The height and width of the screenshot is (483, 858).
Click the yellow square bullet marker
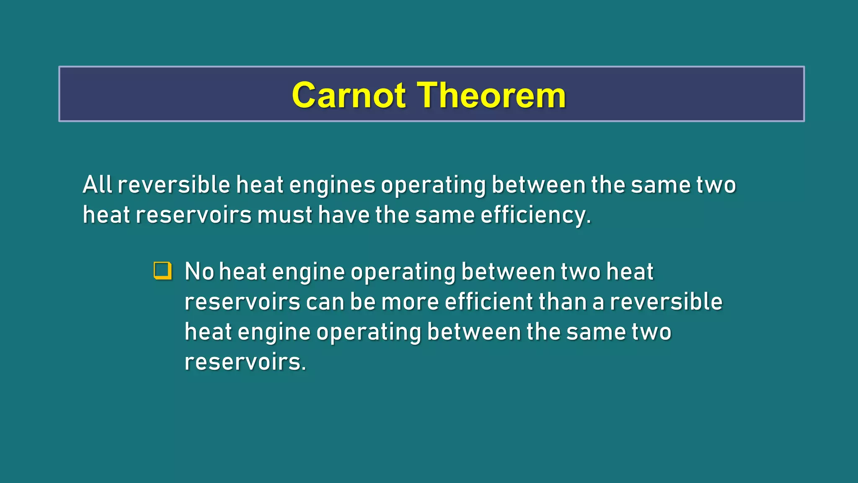[163, 270]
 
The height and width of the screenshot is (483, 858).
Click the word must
[284, 215]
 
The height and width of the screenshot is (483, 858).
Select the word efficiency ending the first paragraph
[535, 216]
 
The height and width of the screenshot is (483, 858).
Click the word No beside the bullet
[199, 272]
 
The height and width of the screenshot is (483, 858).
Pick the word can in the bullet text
[325, 302]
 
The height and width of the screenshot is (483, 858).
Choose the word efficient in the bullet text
[488, 302]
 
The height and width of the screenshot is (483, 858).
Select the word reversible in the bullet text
[666, 302]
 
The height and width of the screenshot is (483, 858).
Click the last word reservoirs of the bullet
[245, 362]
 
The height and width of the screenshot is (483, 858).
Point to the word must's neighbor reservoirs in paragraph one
[194, 215]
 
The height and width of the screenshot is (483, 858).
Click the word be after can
[363, 302]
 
